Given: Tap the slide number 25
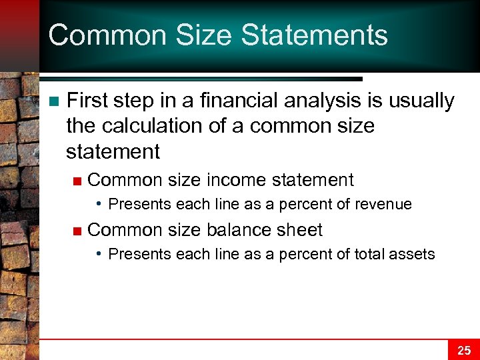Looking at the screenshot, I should click(463, 349).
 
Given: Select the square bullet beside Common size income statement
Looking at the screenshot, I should click(77, 181).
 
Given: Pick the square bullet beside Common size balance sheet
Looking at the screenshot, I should click(77, 231).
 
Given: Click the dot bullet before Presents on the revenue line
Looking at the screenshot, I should click(99, 203).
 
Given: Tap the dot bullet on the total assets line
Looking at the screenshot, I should click(99, 253).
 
